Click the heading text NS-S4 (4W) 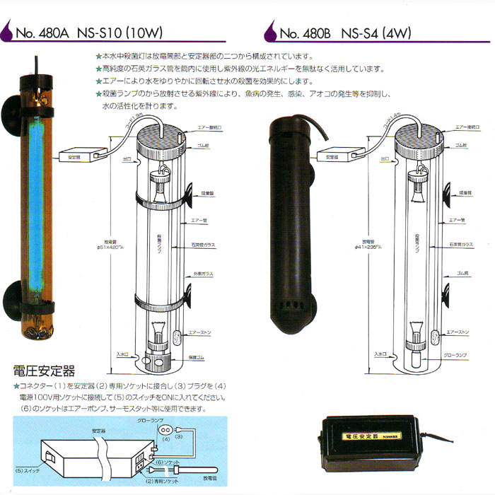(x=375, y=33)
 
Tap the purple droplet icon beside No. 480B (x=269, y=32)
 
